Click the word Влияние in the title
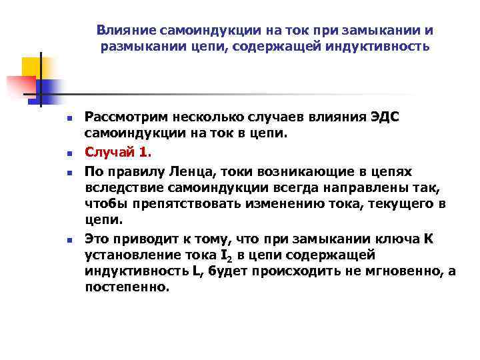(121, 31)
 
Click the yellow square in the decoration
(31, 67)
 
